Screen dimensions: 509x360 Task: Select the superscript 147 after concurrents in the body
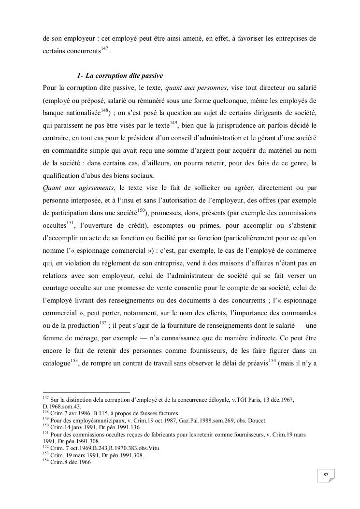point(104,48)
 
